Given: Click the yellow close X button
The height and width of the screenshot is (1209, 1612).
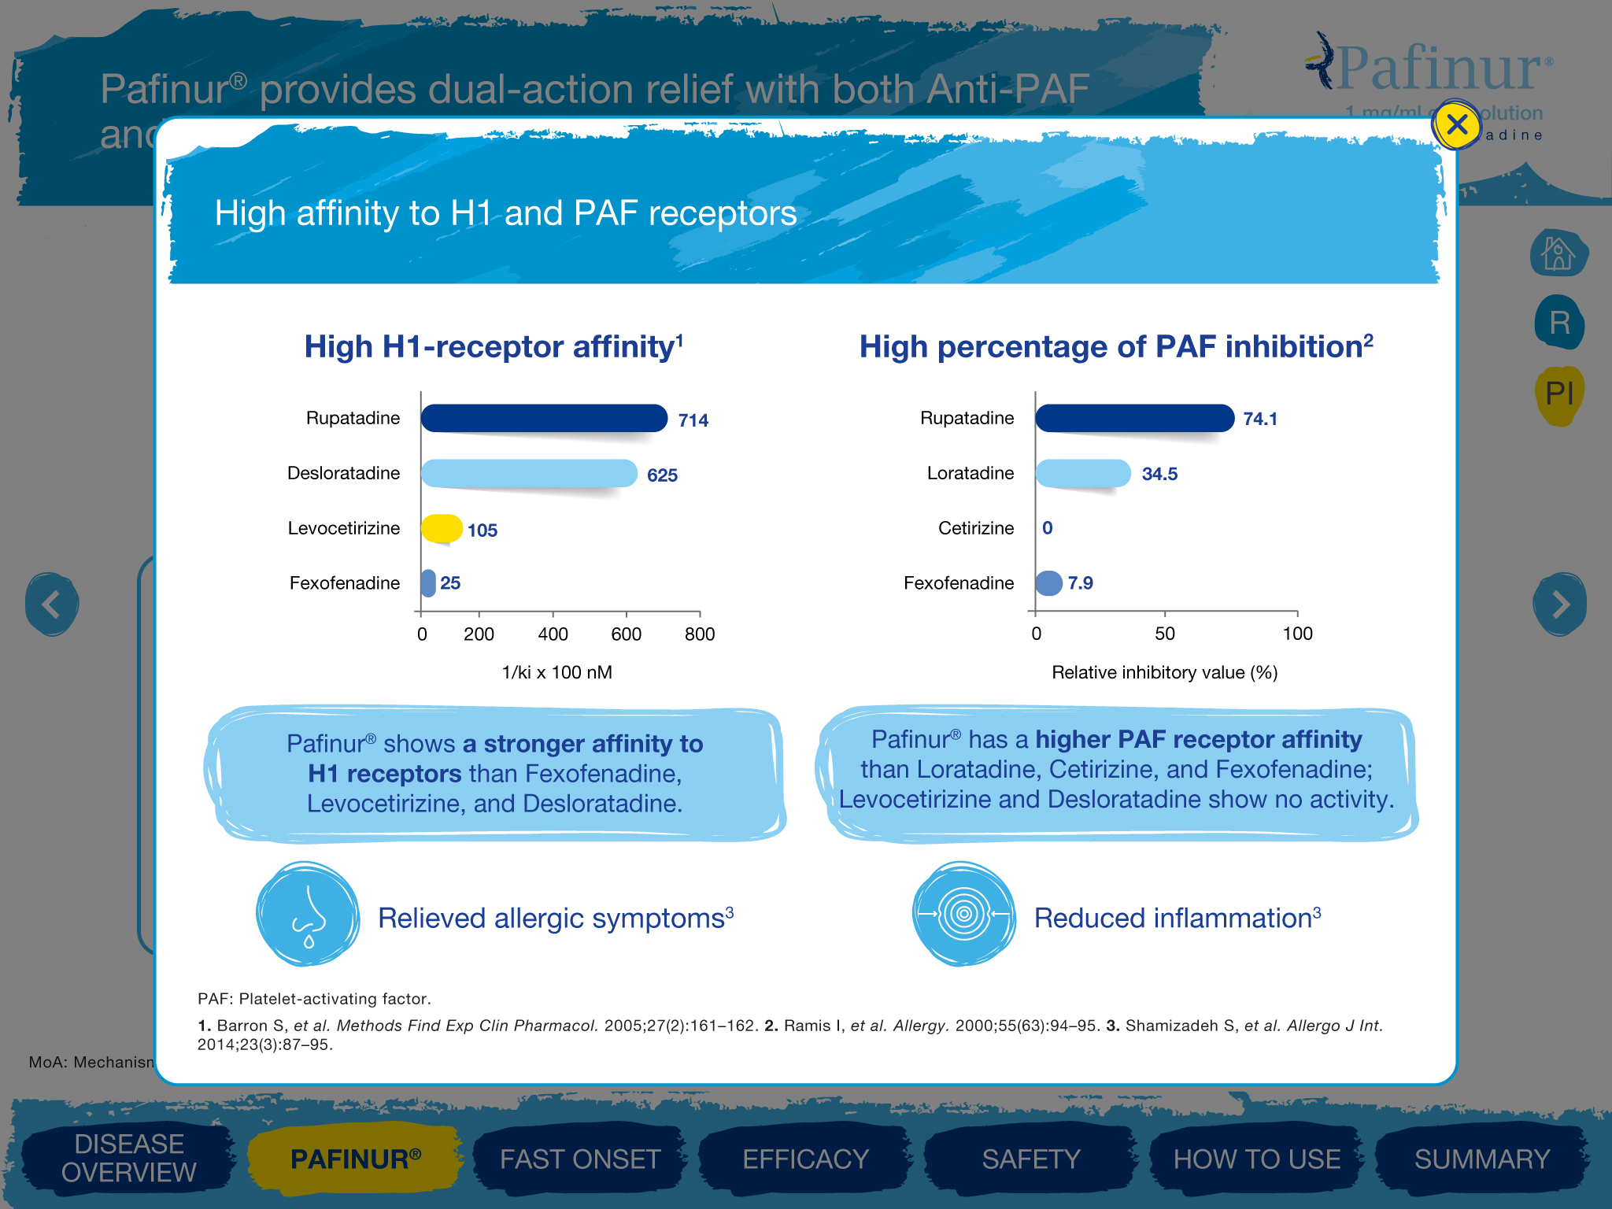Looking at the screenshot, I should point(1456,124).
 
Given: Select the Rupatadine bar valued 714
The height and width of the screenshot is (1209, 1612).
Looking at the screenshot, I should point(544,418).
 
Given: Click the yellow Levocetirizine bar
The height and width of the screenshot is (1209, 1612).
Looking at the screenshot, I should point(442,528).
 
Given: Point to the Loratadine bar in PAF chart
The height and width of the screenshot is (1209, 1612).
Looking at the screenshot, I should point(1083,473).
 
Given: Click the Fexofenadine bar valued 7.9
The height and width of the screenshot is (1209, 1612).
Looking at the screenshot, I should point(1048,582).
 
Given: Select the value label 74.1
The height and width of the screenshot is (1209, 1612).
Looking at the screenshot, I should point(1259,419).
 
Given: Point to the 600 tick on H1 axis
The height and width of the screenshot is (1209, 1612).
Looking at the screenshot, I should point(627,634).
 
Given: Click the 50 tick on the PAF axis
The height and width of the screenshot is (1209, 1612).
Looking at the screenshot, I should point(1165,634).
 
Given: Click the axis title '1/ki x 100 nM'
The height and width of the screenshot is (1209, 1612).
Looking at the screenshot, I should point(556,672).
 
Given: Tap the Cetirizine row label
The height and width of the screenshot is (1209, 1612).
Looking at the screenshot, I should point(975,528).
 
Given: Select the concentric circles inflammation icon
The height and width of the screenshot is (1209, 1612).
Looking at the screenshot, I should point(963,914).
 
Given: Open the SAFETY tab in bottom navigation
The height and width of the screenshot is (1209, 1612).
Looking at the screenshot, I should point(1030,1159).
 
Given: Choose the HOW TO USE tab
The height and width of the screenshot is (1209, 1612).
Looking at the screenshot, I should point(1256,1159).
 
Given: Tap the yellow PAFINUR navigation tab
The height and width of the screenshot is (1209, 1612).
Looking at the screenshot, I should point(355,1159).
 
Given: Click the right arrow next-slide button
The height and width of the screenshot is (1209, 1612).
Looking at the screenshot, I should point(1559,604).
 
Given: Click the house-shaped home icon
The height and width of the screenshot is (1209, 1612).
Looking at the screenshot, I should point(1558,253).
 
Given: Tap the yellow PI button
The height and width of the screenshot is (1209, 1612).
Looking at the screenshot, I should point(1558,394).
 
